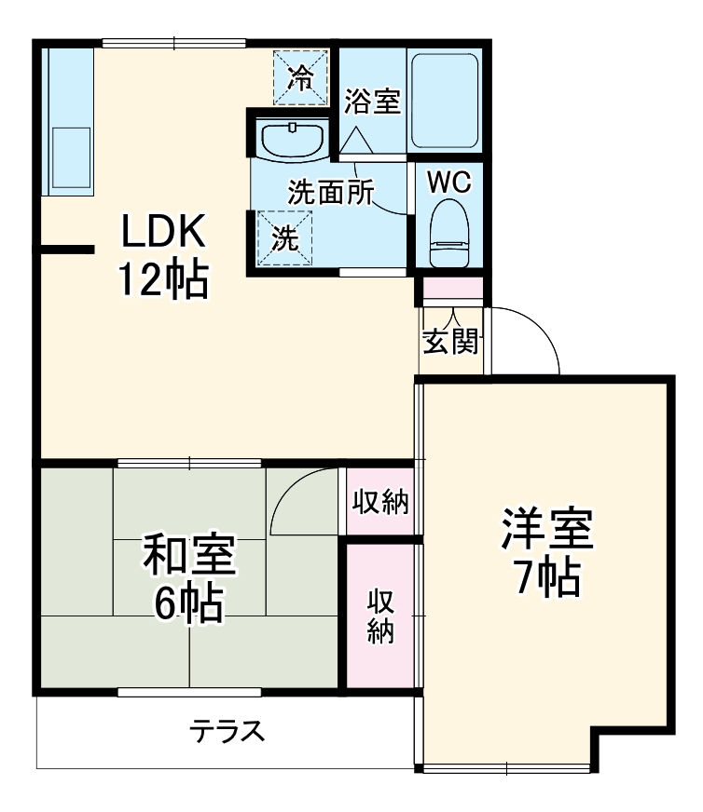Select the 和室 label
188,558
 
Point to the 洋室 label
546,531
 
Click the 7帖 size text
546,578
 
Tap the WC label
448,183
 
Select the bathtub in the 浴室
445,100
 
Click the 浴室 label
373,101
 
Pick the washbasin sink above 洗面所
293,139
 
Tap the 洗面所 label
329,193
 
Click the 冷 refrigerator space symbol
300,77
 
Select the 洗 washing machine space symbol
285,237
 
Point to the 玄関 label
451,343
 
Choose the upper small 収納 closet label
380,502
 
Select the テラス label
227,731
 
